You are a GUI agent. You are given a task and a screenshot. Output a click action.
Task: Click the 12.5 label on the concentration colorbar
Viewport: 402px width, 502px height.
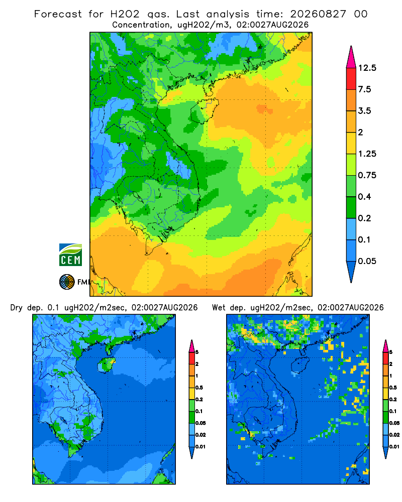point(367,68)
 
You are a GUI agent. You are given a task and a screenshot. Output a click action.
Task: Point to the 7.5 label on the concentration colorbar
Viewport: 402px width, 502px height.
point(364,89)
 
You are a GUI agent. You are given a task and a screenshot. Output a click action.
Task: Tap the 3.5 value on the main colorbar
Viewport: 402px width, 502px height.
point(364,111)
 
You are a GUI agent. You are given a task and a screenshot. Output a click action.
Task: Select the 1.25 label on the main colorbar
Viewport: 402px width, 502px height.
point(367,154)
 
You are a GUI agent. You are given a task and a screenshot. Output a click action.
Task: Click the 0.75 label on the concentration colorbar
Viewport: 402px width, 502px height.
point(367,175)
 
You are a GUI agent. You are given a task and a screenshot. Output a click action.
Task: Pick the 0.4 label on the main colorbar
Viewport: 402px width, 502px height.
point(364,197)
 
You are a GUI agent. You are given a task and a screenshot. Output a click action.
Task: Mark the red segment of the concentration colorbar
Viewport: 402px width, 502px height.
point(351,79)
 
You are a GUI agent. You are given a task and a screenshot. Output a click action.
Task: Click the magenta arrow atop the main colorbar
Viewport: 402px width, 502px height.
point(351,57)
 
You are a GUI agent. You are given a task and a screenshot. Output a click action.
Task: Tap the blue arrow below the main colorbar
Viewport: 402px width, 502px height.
point(351,272)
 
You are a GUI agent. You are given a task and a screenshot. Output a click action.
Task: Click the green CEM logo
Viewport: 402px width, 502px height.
point(70,255)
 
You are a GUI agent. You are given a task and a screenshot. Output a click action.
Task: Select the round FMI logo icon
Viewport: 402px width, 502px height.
point(67,282)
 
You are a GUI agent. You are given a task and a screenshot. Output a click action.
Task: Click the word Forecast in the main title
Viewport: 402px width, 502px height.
point(58,14)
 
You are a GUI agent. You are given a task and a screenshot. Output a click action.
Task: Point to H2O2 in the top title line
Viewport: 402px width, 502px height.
point(125,14)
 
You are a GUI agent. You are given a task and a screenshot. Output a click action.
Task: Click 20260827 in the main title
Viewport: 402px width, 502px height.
point(318,14)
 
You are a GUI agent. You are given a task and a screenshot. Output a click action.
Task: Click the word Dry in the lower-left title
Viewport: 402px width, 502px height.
point(17,308)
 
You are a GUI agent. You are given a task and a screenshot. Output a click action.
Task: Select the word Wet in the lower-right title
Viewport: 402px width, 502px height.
point(219,308)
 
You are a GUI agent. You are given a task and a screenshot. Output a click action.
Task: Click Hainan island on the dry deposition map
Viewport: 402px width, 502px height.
point(107,364)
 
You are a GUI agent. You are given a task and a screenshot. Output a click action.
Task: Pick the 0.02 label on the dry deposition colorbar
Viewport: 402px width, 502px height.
point(200,435)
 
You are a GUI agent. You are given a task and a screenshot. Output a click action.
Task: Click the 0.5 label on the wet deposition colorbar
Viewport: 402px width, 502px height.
point(393,388)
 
